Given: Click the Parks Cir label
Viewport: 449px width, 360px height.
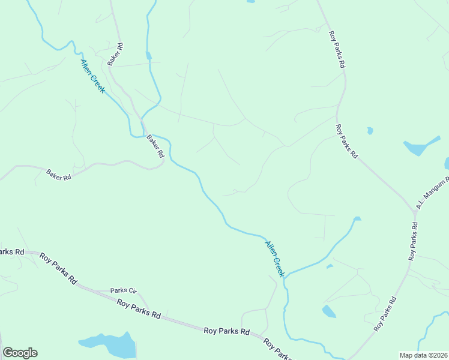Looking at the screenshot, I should click(124, 290).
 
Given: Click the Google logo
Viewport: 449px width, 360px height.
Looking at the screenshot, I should click(20, 353).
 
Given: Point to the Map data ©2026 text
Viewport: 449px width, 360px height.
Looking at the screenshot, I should click(423, 355).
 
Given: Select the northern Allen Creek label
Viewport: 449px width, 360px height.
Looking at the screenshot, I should click(92, 76).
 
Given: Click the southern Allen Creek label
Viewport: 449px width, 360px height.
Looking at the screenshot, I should click(274, 258).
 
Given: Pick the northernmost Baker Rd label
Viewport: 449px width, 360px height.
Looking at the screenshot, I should click(115, 54).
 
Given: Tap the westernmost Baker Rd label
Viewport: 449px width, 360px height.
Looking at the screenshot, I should click(59, 175).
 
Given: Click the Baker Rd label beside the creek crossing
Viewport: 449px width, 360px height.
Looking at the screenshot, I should click(155, 146).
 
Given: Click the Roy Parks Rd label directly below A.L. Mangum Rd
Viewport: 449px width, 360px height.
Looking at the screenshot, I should click(412, 241).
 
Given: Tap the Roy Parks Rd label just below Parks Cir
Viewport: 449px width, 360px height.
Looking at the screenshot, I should click(139, 310).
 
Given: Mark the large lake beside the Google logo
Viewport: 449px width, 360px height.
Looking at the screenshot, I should click(111, 344).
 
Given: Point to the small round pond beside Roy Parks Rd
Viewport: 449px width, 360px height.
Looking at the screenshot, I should click(370, 130).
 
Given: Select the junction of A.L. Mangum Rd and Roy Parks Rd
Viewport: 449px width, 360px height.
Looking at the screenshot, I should click(414, 212).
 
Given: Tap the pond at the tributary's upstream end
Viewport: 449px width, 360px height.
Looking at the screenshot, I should click(357, 219).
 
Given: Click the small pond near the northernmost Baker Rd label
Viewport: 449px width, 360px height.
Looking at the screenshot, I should click(148, 56).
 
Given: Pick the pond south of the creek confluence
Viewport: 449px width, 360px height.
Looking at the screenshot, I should click(329, 311).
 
